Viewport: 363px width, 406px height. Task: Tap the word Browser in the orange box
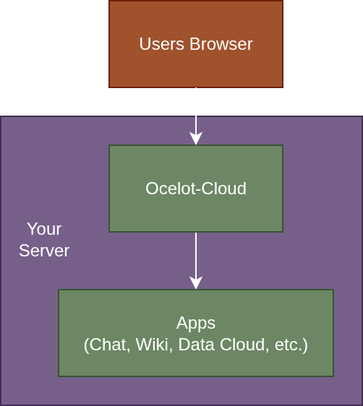(x=221, y=44)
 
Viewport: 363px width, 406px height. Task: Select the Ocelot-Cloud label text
(x=196, y=189)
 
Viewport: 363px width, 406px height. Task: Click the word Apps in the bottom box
(x=196, y=323)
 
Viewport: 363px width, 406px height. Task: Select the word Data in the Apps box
(x=195, y=345)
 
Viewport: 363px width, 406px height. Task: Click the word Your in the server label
(x=44, y=229)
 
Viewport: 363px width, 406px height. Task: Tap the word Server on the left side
(x=44, y=251)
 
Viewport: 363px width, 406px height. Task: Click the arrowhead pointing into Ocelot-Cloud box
(x=196, y=139)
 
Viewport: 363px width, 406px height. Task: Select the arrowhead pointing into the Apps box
(x=196, y=283)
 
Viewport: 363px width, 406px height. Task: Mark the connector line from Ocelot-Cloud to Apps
(x=196, y=253)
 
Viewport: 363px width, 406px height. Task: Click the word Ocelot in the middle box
(x=167, y=189)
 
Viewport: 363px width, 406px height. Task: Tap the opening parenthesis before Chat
(x=86, y=345)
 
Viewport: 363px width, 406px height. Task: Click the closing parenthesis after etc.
(x=306, y=345)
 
